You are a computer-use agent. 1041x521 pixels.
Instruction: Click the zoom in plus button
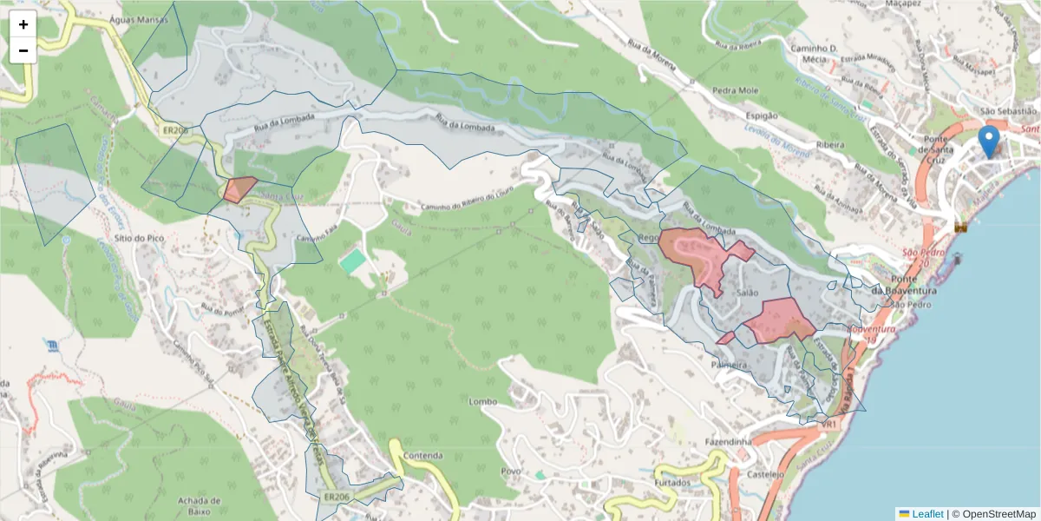click(x=23, y=24)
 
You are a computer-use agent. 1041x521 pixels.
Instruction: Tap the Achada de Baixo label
click(x=199, y=506)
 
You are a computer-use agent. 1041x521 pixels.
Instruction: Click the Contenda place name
click(x=422, y=456)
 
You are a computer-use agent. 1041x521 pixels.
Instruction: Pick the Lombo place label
click(x=482, y=402)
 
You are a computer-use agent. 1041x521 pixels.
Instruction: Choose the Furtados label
click(x=672, y=482)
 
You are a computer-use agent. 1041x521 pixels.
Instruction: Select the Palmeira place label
click(x=729, y=366)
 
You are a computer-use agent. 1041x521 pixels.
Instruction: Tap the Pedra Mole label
click(x=735, y=90)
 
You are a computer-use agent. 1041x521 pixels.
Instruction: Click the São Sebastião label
click(x=1007, y=111)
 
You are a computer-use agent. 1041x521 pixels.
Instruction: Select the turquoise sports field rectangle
click(x=352, y=260)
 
